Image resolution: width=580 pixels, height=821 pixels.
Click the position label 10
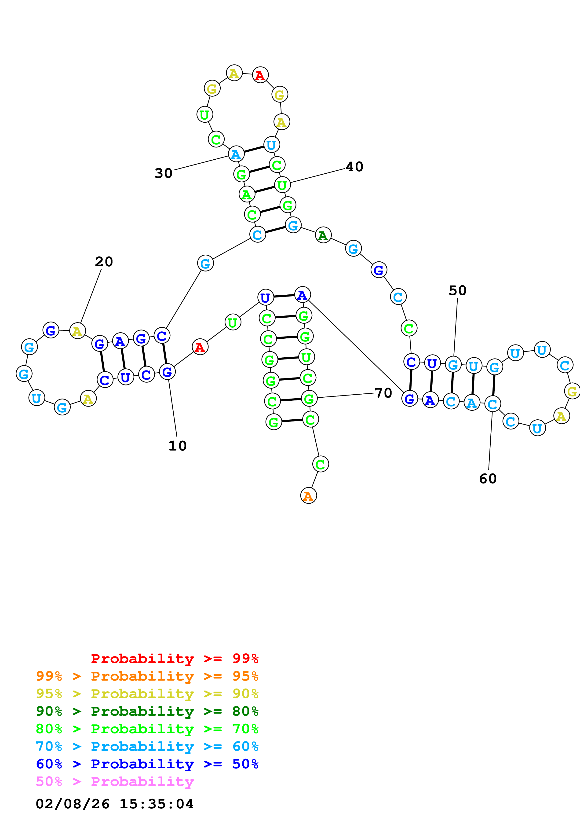click(x=177, y=446)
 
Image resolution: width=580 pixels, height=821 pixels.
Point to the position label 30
click(x=163, y=173)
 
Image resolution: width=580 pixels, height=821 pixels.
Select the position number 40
click(x=354, y=167)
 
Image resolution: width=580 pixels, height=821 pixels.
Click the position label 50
click(x=457, y=291)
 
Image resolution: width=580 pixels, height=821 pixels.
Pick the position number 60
click(x=488, y=479)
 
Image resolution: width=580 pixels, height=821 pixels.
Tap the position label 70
click(x=383, y=393)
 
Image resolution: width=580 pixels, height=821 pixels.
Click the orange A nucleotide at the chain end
click(x=308, y=496)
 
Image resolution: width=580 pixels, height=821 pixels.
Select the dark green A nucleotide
click(x=323, y=235)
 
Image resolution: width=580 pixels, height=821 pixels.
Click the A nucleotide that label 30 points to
click(x=236, y=154)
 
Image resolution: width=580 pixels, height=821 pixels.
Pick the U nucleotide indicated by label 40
click(x=282, y=185)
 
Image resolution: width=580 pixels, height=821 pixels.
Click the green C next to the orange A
click(x=320, y=464)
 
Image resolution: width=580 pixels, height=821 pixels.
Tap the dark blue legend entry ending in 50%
click(x=147, y=764)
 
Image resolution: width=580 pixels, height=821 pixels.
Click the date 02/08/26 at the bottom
click(x=73, y=804)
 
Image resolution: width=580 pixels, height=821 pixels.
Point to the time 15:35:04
click(x=156, y=804)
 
